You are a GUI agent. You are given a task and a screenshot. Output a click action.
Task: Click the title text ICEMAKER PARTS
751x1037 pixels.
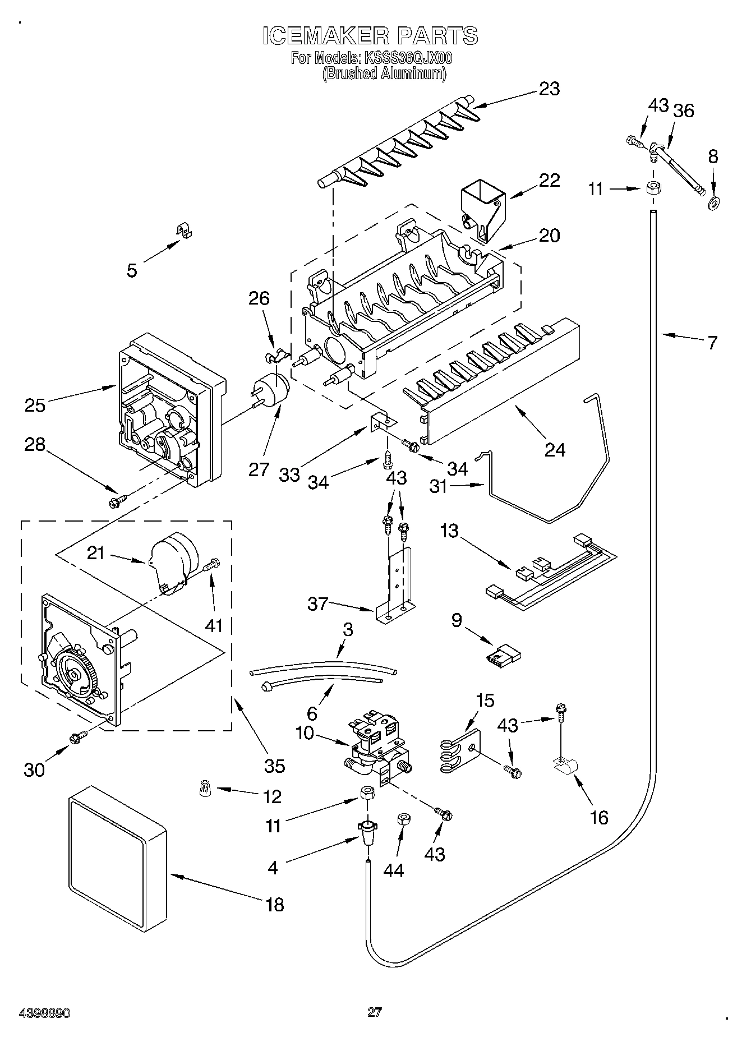click(370, 35)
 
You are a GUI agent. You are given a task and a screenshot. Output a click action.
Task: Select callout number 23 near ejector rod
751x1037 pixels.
click(549, 89)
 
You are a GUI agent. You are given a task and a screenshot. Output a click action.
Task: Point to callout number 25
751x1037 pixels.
click(35, 404)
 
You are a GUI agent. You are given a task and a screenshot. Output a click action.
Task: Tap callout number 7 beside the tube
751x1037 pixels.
click(712, 342)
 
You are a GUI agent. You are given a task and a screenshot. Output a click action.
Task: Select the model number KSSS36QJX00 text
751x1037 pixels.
click(408, 58)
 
